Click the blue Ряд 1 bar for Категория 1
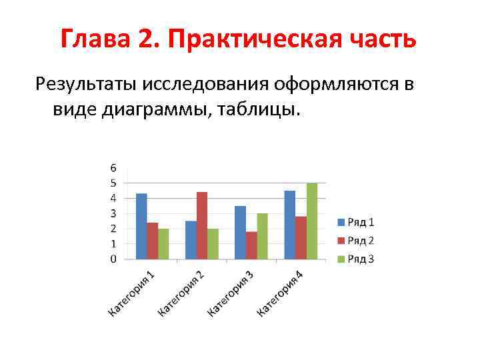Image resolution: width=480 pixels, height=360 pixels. [x=141, y=226]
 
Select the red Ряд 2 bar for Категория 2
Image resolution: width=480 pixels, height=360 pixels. [x=202, y=225]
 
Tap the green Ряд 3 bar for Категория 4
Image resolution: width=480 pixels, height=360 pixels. [x=312, y=221]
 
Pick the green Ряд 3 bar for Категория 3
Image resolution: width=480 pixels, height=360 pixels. [x=263, y=236]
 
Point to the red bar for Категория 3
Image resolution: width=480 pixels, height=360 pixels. [x=251, y=245]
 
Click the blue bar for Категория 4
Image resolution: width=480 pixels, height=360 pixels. [x=290, y=225]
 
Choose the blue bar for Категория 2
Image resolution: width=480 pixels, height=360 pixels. [x=191, y=239]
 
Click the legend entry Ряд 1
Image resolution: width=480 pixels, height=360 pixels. [x=356, y=222]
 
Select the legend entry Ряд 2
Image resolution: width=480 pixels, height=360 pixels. [x=356, y=240]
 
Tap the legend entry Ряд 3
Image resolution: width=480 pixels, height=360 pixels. [x=356, y=259]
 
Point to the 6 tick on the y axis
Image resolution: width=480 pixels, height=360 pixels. [x=113, y=167]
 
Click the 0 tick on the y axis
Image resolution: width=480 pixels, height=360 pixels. [x=113, y=259]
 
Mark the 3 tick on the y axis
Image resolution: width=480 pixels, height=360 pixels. [x=113, y=213]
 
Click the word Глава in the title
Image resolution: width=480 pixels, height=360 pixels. [x=96, y=40]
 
